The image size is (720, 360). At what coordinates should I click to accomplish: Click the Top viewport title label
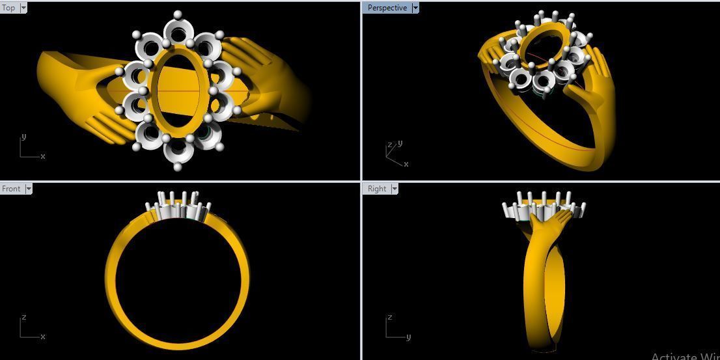click(9, 8)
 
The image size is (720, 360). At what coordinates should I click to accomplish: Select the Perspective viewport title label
click(387, 8)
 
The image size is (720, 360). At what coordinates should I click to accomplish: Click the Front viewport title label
click(11, 189)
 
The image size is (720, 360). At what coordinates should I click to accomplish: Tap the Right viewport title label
click(377, 189)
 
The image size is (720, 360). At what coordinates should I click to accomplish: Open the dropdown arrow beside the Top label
click(24, 8)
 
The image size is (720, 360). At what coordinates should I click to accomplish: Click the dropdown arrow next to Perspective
click(415, 8)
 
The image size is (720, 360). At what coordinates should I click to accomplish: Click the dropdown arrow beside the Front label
click(28, 189)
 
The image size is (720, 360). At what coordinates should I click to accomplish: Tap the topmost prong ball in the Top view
click(178, 14)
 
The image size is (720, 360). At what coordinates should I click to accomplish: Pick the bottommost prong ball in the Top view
click(178, 167)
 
